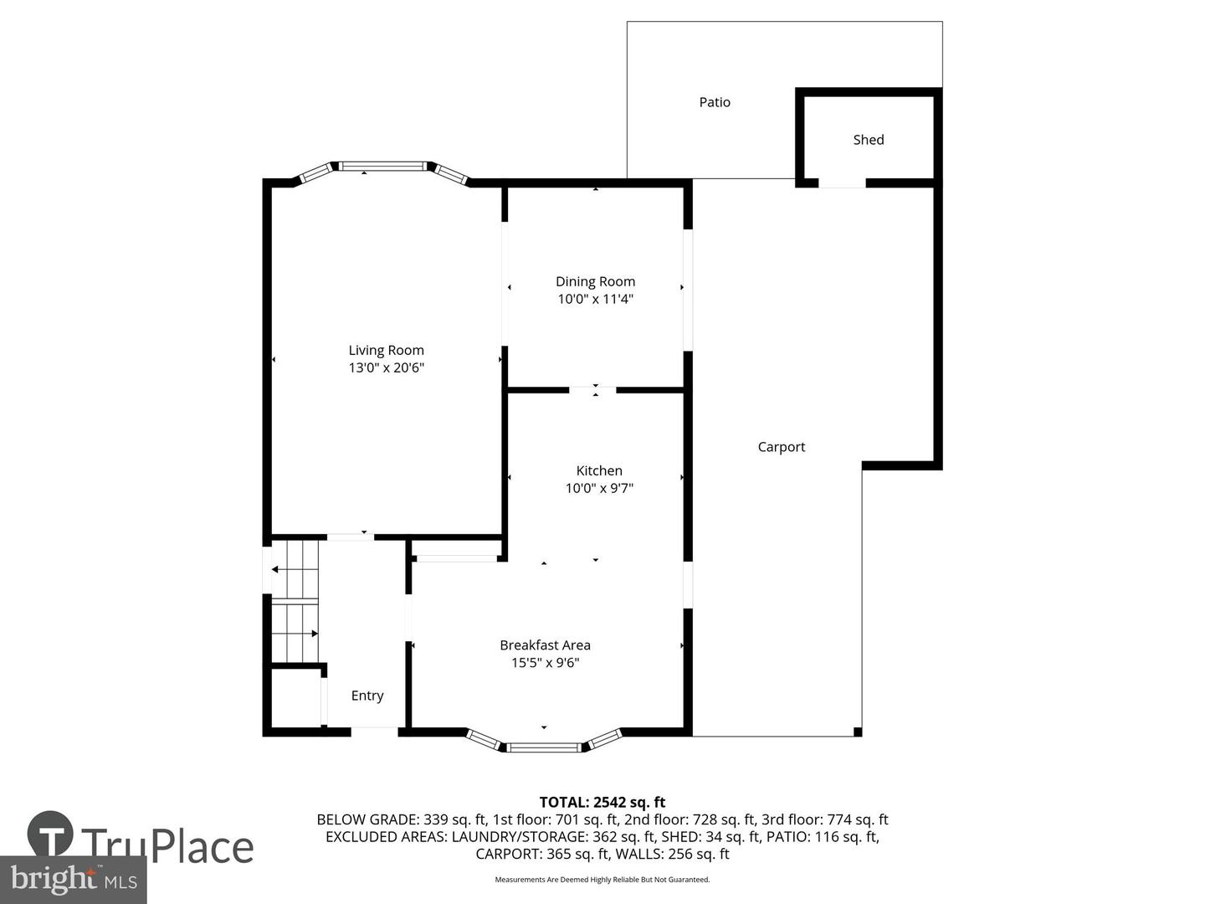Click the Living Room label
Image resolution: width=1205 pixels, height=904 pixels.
386,350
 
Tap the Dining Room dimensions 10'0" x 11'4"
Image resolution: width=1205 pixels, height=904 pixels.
595,299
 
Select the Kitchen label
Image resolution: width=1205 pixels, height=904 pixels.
599,470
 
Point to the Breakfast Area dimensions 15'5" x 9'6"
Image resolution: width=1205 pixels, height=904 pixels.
545,663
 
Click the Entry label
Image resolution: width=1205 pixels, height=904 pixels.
367,696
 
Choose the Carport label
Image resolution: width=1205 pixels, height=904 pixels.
781,447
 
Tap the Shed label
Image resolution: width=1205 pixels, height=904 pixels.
868,140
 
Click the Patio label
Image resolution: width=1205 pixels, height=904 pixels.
715,102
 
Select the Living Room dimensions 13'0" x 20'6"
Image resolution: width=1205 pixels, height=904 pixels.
386,367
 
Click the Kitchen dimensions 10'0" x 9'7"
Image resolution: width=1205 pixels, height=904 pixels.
599,488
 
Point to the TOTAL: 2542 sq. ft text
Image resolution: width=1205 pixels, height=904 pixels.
602,803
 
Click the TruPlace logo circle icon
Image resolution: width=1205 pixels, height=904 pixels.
50,834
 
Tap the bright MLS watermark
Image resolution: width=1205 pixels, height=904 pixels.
74,879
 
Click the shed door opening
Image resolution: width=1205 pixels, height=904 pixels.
842,182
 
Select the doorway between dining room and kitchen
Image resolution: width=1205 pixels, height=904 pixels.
592,389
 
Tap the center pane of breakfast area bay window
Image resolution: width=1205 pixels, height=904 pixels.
545,747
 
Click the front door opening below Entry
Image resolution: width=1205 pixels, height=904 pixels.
374,732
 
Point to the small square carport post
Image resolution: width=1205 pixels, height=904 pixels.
858,732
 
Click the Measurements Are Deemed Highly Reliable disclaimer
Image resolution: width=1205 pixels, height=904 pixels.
602,880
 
